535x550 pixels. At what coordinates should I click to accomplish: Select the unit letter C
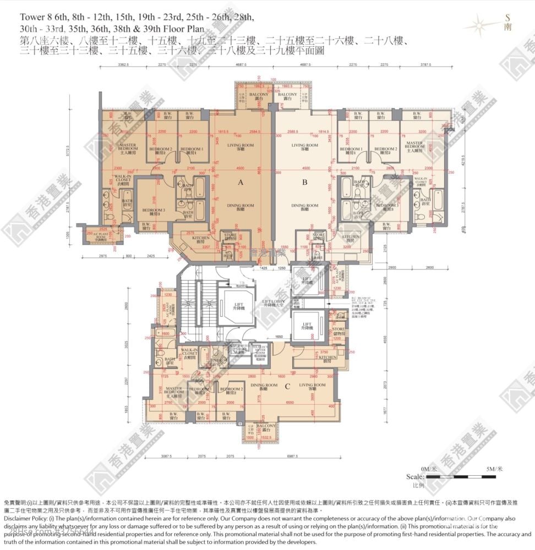pyautogui.click(x=287, y=386)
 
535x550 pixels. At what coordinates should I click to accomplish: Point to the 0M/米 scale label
pyautogui.click(x=428, y=469)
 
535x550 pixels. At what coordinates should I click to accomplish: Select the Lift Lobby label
pyautogui.click(x=274, y=304)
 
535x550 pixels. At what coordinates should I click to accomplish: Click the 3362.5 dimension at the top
pyautogui.click(x=123, y=65)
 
